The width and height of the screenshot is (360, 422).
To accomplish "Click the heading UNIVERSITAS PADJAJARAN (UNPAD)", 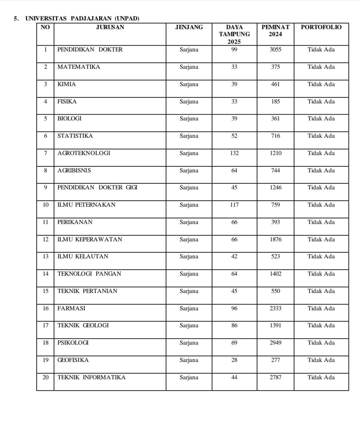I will [x=82, y=18].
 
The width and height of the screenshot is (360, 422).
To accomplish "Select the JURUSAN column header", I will [x=110, y=27].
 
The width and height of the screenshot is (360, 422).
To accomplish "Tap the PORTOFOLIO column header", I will [x=321, y=27].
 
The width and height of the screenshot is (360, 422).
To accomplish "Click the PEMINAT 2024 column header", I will [x=275, y=31].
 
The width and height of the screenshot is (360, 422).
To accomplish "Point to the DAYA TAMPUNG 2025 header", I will [x=234, y=34].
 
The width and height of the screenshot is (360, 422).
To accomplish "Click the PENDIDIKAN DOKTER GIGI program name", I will [x=97, y=188].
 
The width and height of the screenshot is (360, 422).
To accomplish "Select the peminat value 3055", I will [x=275, y=50].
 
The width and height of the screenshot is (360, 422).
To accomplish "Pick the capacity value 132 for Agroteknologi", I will [x=234, y=153].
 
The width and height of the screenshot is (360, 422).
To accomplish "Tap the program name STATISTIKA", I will [x=75, y=136].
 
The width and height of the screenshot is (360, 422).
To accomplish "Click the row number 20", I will [x=46, y=377].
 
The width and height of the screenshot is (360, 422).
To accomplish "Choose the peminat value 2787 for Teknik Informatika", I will [x=275, y=377].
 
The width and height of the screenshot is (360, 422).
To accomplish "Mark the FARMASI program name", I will [x=71, y=308].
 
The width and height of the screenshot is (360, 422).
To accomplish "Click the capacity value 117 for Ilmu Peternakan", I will [x=234, y=205].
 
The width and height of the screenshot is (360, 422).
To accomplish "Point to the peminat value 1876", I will [x=275, y=239].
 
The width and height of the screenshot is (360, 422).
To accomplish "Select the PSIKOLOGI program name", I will [x=73, y=343].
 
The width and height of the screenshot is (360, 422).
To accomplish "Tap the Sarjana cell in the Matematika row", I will [x=189, y=67].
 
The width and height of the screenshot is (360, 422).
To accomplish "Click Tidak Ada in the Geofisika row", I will [x=321, y=360].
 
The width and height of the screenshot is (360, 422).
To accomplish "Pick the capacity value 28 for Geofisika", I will [x=234, y=360].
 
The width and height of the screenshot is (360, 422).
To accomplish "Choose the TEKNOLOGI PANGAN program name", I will [x=89, y=274].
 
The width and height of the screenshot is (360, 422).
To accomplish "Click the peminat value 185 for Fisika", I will [x=275, y=102].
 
